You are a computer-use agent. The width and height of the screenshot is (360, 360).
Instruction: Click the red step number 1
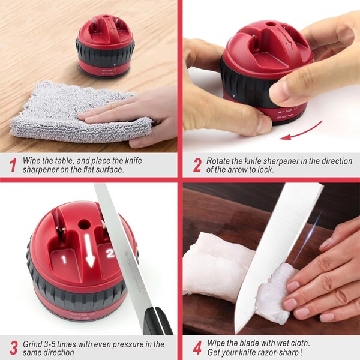(x=13, y=165)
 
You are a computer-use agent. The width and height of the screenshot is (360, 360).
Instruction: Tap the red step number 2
(x=197, y=165)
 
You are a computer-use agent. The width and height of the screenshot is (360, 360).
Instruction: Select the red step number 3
(x=14, y=348)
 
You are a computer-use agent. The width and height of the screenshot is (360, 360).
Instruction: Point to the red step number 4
(x=197, y=348)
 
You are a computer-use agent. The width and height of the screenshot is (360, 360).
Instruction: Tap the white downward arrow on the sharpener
(x=90, y=251)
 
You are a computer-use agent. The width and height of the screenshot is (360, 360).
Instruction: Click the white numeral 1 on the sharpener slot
(x=64, y=259)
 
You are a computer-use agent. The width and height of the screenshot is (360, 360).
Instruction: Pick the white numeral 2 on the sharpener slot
(x=110, y=253)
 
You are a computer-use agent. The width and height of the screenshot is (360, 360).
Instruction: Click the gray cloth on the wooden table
(x=78, y=113)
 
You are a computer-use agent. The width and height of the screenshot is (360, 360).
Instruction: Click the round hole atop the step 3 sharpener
(x=84, y=224)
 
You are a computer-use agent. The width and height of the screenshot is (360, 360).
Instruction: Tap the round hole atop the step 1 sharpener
(x=106, y=17)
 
